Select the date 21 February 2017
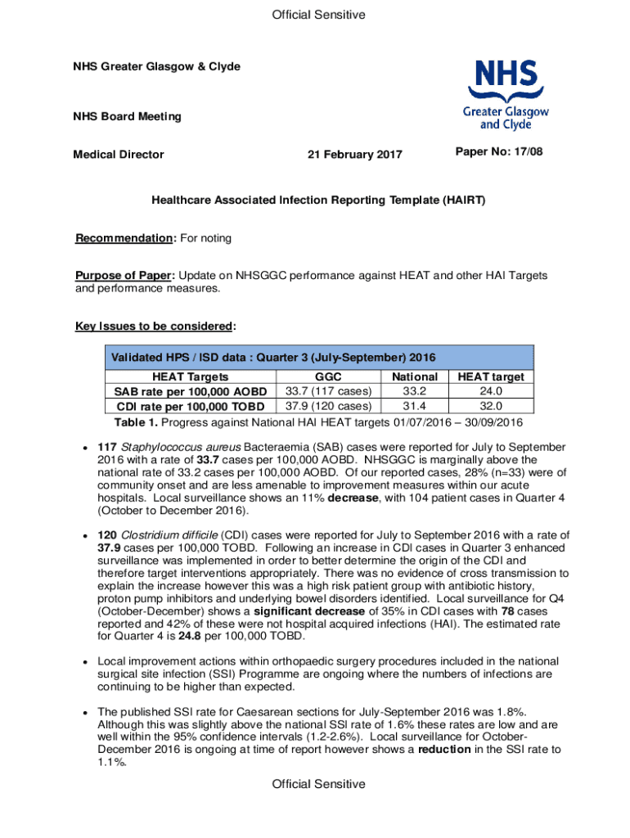pyautogui.click(x=354, y=155)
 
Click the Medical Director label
pyautogui.click(x=119, y=155)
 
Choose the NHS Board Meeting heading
pyautogui.click(x=127, y=116)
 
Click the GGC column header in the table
pyautogui.click(x=327, y=377)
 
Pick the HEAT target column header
pyautogui.click(x=491, y=377)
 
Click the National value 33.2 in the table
pyautogui.click(x=415, y=391)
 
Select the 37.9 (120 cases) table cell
pyautogui.click(x=327, y=406)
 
